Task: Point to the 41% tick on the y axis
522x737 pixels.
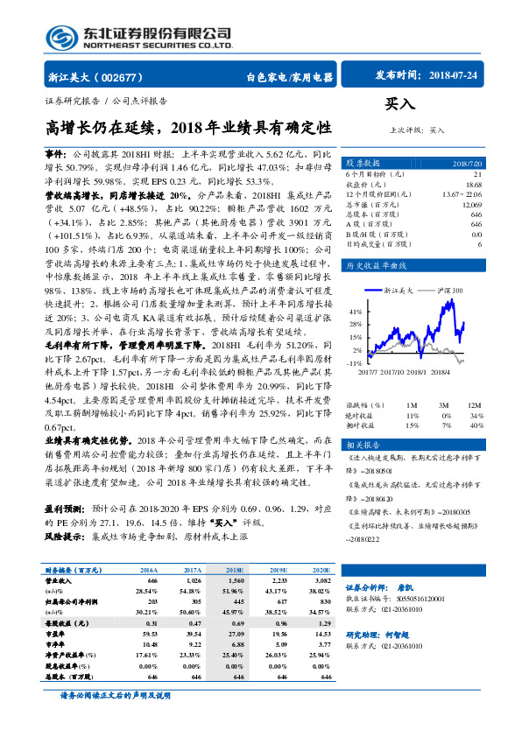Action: click(356, 312)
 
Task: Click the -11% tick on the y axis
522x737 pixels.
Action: click(355, 361)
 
